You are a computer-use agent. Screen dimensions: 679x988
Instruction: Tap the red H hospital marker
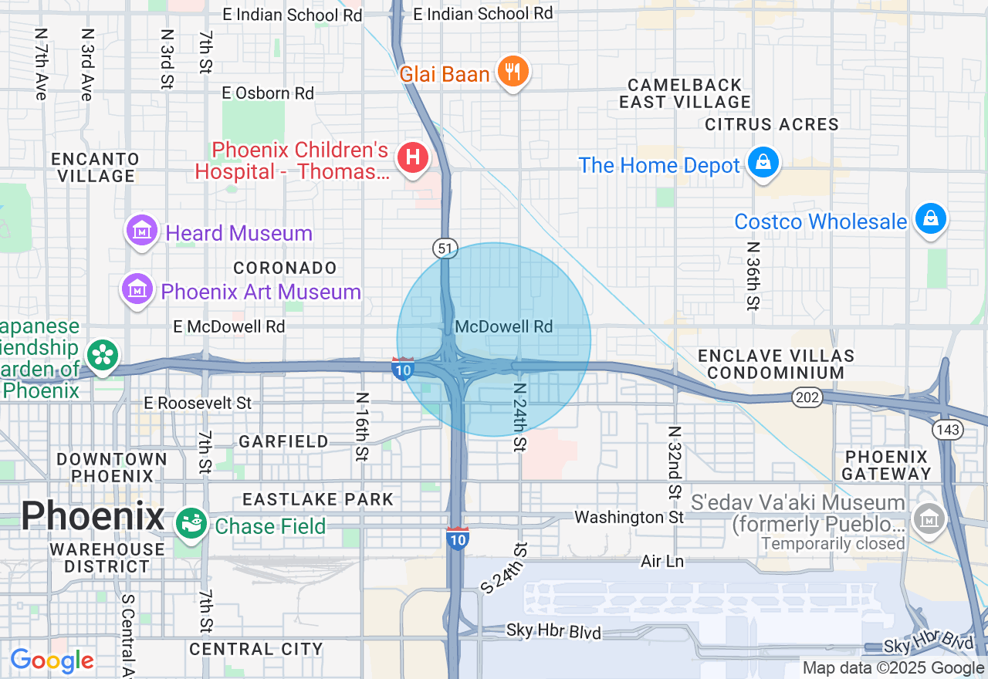pos(413,157)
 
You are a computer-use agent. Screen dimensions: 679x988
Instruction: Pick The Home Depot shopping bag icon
pos(763,163)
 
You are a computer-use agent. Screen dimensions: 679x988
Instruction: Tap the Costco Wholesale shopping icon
pos(931,219)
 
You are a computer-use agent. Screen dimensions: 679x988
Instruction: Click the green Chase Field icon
pos(191,524)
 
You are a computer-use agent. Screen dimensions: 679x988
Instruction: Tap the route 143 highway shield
pos(946,430)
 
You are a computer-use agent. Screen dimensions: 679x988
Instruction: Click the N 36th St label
pos(753,275)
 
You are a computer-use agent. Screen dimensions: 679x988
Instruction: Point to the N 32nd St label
pos(675,463)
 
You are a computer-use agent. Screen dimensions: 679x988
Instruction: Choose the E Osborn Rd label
pos(268,93)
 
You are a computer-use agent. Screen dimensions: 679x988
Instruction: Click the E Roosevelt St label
pos(198,403)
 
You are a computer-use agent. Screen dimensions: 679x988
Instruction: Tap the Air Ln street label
pos(662,561)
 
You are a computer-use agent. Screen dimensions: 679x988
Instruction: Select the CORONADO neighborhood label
pos(285,268)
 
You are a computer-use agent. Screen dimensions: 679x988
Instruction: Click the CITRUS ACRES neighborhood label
pos(772,124)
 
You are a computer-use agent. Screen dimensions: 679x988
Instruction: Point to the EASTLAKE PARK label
pos(318,499)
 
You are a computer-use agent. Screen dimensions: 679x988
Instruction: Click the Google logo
pos(52,660)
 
